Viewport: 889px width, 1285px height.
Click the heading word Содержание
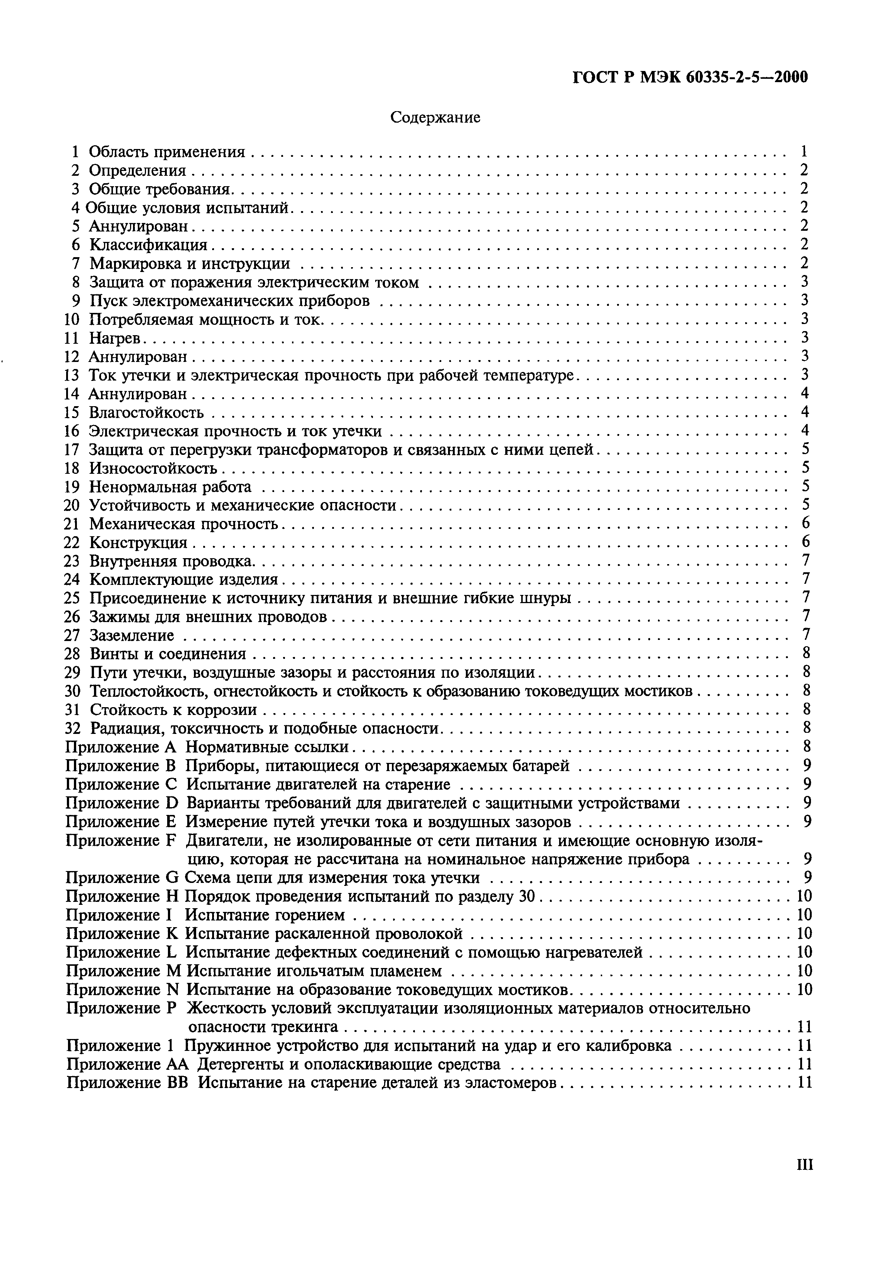435,117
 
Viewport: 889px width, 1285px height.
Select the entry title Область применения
167,152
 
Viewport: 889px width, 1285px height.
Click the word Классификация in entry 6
148,245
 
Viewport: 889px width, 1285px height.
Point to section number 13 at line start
72,375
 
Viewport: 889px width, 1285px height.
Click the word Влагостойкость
146,412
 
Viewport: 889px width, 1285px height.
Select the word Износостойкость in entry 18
153,468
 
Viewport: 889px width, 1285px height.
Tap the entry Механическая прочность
184,524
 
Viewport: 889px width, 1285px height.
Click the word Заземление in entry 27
132,635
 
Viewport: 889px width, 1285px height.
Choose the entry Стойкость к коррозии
173,710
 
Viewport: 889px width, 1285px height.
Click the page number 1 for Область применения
804,152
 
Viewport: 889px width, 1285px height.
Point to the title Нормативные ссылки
267,747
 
